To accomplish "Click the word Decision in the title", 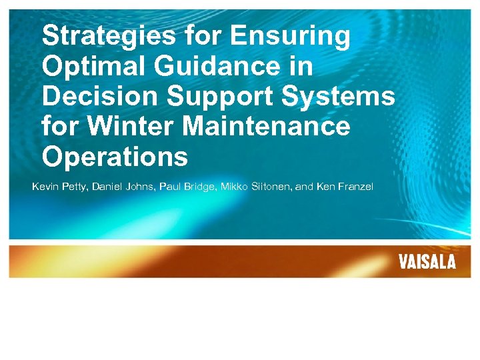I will (99, 97).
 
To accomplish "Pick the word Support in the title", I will (222, 97).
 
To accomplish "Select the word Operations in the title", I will (115, 157).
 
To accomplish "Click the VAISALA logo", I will (427, 261).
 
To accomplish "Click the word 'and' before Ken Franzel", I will (304, 187).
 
